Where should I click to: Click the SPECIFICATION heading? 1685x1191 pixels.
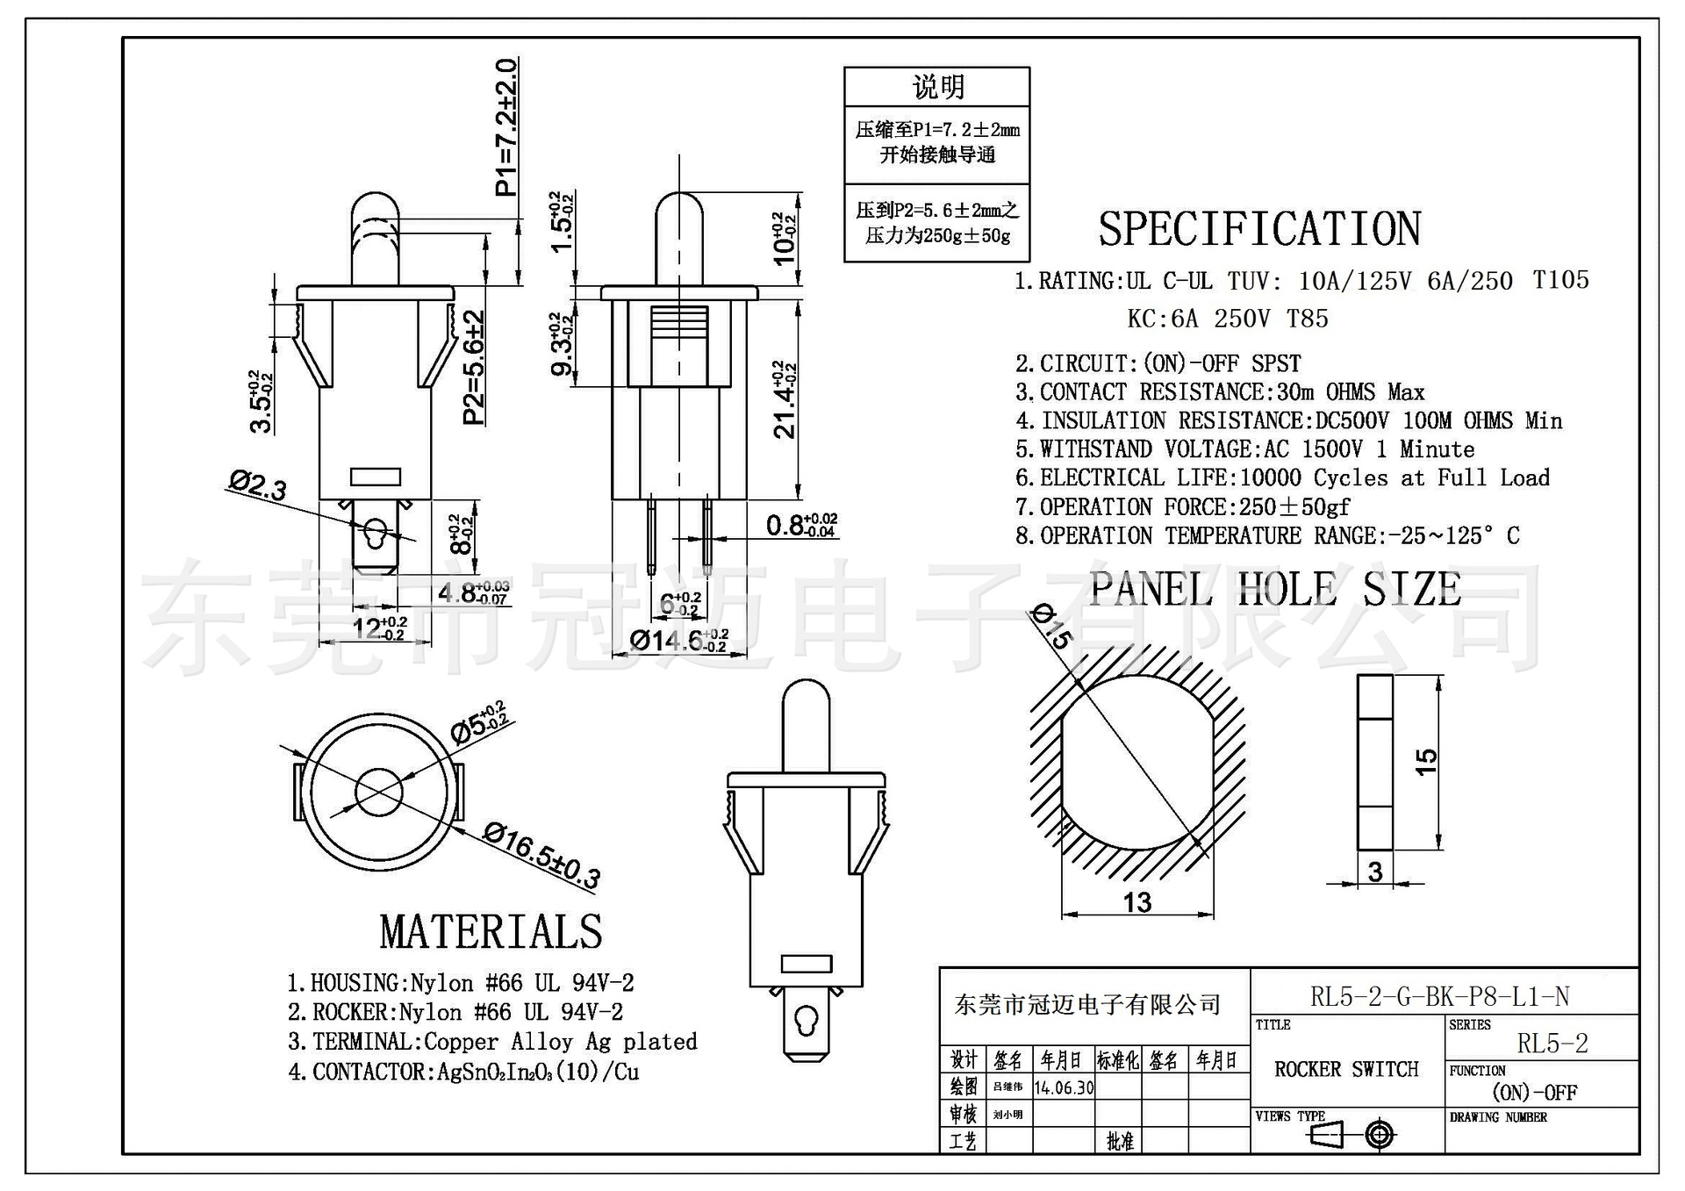[1259, 229]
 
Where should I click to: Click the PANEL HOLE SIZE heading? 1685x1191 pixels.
[1275, 589]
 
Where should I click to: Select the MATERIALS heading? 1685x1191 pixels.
[491, 932]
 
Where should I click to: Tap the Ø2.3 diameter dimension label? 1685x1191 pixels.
[258, 485]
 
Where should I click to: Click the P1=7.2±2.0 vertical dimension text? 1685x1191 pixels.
[506, 127]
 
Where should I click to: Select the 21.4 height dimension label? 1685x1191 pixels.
[784, 399]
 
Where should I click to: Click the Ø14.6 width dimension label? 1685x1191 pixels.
[678, 641]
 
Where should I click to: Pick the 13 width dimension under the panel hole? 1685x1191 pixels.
[1137, 902]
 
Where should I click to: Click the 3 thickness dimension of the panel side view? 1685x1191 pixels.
[1375, 872]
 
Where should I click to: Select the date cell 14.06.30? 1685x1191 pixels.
[1064, 1088]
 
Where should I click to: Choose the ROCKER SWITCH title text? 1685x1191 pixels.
[1346, 1069]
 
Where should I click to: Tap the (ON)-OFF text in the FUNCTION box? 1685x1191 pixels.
[1534, 1093]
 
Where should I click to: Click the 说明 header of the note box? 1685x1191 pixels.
[937, 87]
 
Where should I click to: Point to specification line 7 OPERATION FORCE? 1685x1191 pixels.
[1182, 507]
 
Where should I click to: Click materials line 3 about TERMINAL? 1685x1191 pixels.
[492, 1042]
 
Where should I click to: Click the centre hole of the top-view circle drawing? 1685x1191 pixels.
[379, 792]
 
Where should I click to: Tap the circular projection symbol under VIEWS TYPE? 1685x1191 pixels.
[1380, 1135]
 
